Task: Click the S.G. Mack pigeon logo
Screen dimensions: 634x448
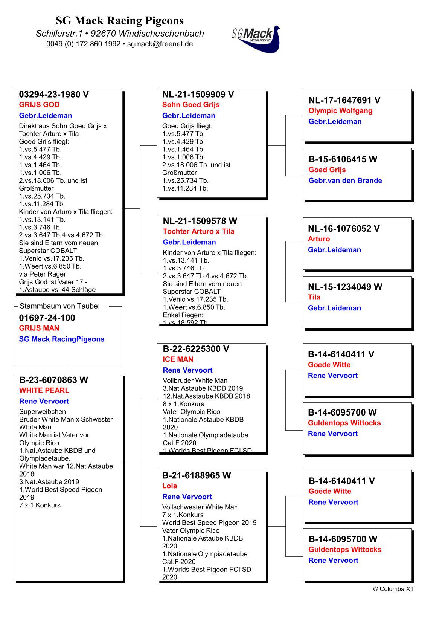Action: (256, 39)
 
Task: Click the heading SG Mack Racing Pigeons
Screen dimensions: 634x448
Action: (120, 20)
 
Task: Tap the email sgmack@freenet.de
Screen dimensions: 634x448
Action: (160, 44)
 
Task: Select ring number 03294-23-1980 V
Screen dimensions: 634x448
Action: (54, 94)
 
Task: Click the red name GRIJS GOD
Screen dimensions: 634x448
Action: (39, 105)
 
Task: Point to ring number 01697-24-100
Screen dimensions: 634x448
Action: (47, 318)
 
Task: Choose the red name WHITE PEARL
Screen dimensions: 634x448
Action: (44, 390)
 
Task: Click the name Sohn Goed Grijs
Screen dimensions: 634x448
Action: (190, 105)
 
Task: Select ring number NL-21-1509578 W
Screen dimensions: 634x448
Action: (200, 221)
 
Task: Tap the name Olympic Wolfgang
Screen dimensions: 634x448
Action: (340, 111)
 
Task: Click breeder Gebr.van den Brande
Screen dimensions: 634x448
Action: (345, 180)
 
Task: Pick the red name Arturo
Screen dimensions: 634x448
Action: (318, 239)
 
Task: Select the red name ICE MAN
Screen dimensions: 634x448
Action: (178, 359)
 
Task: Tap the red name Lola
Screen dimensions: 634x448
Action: (169, 486)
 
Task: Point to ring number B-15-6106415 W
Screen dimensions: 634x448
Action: (343, 159)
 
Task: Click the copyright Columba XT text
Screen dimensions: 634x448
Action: (393, 589)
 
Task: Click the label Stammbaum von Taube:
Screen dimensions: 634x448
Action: (59, 306)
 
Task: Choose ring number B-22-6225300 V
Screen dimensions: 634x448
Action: (196, 349)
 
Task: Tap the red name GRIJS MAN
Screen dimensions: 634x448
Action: (39, 328)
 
